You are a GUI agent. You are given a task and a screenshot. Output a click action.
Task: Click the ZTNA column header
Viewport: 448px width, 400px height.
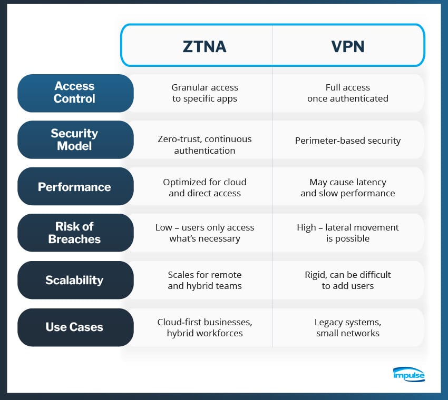coord(204,46)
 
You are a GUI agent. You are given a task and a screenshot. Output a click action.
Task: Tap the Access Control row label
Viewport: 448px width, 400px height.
coord(74,93)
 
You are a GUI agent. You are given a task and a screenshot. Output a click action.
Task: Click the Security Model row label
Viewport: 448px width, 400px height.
coord(74,139)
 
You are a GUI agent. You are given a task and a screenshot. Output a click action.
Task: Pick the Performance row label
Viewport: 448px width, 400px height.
coord(74,187)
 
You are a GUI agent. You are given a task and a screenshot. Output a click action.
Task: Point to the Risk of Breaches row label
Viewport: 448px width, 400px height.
coord(74,233)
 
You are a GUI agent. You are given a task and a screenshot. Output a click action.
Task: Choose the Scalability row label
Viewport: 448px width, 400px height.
coord(74,280)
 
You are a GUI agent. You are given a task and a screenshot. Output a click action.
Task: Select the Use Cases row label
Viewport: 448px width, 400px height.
coord(74,327)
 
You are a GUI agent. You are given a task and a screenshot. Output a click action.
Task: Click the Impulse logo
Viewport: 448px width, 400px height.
coord(409,374)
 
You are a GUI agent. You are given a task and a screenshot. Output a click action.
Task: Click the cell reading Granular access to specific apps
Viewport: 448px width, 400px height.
coord(204,93)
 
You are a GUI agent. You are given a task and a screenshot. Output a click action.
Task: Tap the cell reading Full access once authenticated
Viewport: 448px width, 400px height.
coord(348,93)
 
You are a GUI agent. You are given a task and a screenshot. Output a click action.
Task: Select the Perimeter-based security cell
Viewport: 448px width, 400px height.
coord(348,141)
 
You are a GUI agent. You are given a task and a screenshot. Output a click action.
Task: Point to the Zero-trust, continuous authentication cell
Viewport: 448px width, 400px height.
coord(204,145)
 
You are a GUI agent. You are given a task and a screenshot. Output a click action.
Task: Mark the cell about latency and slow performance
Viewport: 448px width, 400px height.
coord(348,187)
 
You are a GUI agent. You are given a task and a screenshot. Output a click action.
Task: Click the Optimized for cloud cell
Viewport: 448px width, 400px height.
coord(204,187)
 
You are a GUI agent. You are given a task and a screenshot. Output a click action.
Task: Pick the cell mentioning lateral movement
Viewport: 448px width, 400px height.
coord(348,233)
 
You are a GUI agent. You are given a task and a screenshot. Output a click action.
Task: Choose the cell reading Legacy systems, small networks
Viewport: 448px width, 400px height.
coord(348,327)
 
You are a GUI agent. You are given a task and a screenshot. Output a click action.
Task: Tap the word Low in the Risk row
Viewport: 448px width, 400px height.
coord(164,227)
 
